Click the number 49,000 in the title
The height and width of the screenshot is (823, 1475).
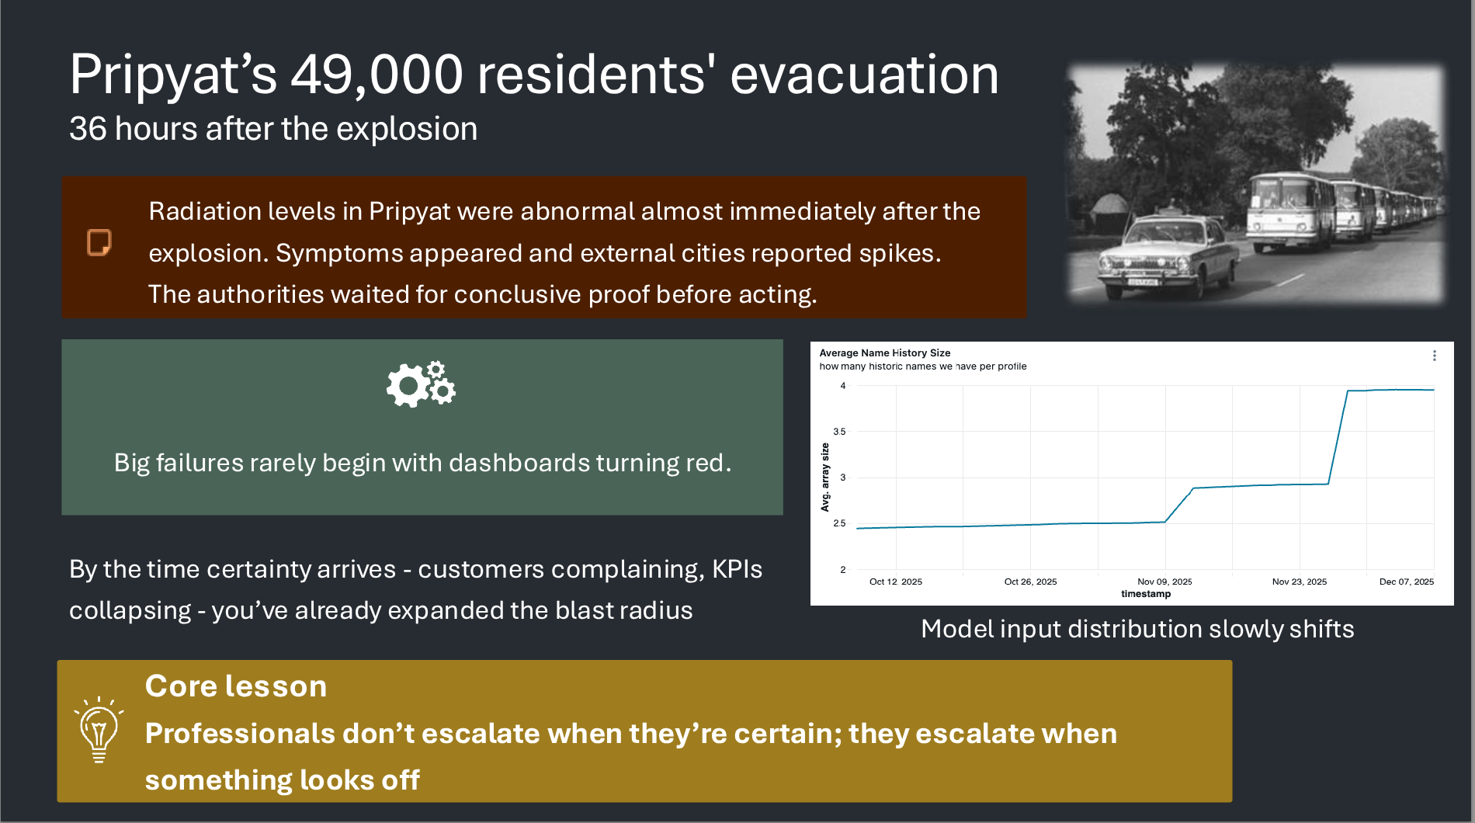tap(377, 75)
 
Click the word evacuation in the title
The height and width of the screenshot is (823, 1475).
tap(864, 75)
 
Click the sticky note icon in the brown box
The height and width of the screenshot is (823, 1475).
tap(99, 242)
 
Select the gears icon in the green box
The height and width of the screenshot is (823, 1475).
tap(421, 384)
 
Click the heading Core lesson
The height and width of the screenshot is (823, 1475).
tap(236, 686)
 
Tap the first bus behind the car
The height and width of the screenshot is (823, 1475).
tap(1289, 210)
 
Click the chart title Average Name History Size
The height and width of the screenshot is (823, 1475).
tap(884, 352)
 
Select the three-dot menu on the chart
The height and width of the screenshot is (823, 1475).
tap(1434, 356)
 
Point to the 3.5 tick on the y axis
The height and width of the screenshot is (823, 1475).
tap(839, 432)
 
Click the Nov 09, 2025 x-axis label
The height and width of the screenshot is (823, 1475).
tap(1164, 582)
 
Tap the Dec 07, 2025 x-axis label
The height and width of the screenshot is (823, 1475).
tap(1406, 582)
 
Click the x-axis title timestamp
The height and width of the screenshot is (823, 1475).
tap(1146, 594)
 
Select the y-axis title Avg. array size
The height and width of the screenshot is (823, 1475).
tap(825, 477)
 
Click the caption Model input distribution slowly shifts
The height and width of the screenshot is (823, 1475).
tap(1137, 629)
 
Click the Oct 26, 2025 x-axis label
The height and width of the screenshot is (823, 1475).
tap(1030, 582)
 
